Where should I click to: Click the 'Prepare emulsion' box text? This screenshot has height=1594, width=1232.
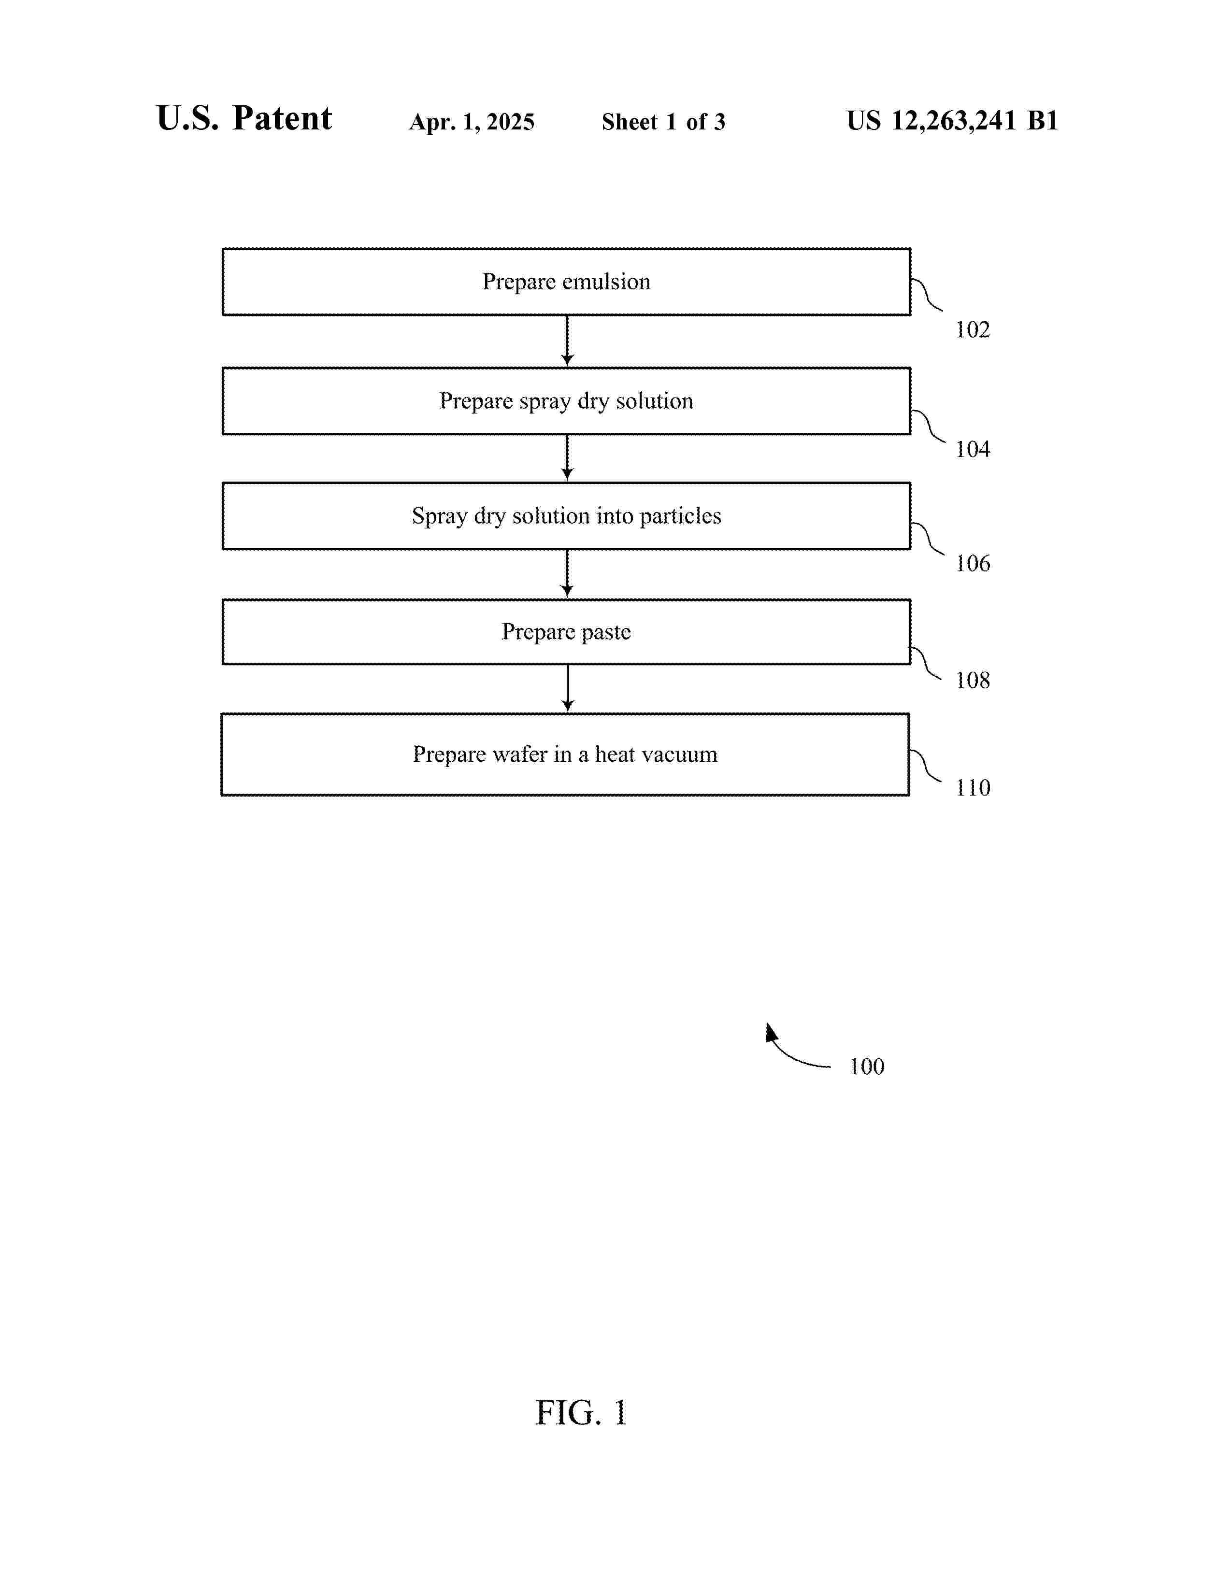(x=566, y=282)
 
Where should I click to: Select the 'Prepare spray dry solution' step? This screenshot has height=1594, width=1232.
(x=566, y=401)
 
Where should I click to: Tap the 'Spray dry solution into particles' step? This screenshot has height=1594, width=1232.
(x=566, y=516)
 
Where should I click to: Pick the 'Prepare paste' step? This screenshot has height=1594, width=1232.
(x=566, y=632)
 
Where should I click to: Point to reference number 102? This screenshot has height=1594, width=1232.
(x=973, y=330)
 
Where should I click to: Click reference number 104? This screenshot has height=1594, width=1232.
(x=973, y=449)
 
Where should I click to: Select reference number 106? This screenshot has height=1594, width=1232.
(x=973, y=563)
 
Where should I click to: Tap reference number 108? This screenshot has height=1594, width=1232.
(x=973, y=680)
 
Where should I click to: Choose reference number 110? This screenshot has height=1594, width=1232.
(x=973, y=787)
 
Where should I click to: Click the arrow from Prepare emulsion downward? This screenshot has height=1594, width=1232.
(x=567, y=341)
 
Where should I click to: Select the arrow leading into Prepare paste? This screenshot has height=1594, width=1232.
(x=567, y=574)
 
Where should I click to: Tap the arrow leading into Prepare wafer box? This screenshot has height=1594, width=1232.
(x=568, y=688)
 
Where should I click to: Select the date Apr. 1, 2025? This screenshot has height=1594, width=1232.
(x=472, y=122)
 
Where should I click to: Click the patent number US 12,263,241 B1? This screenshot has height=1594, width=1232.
(x=952, y=120)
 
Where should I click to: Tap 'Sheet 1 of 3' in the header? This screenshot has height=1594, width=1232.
(x=663, y=122)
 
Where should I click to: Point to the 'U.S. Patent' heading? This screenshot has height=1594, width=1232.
(x=244, y=118)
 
